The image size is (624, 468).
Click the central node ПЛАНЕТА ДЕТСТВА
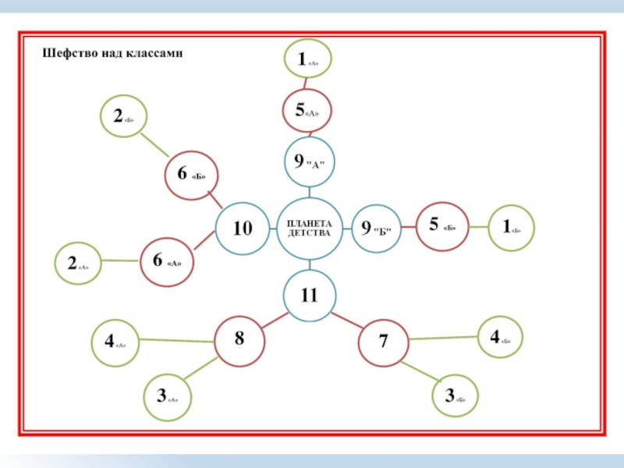[310, 228]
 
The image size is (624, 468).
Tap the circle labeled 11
[310, 296]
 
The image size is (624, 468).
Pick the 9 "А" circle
[309, 162]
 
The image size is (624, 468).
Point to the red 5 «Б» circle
[443, 227]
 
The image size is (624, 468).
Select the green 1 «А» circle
[307, 58]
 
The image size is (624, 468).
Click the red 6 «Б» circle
[190, 176]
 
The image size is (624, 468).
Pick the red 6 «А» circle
[166, 261]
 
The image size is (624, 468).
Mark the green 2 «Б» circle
[124, 118]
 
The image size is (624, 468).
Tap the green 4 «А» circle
[115, 342]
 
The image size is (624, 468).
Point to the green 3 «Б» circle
[456, 397]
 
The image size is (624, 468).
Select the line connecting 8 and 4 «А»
[177, 340]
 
